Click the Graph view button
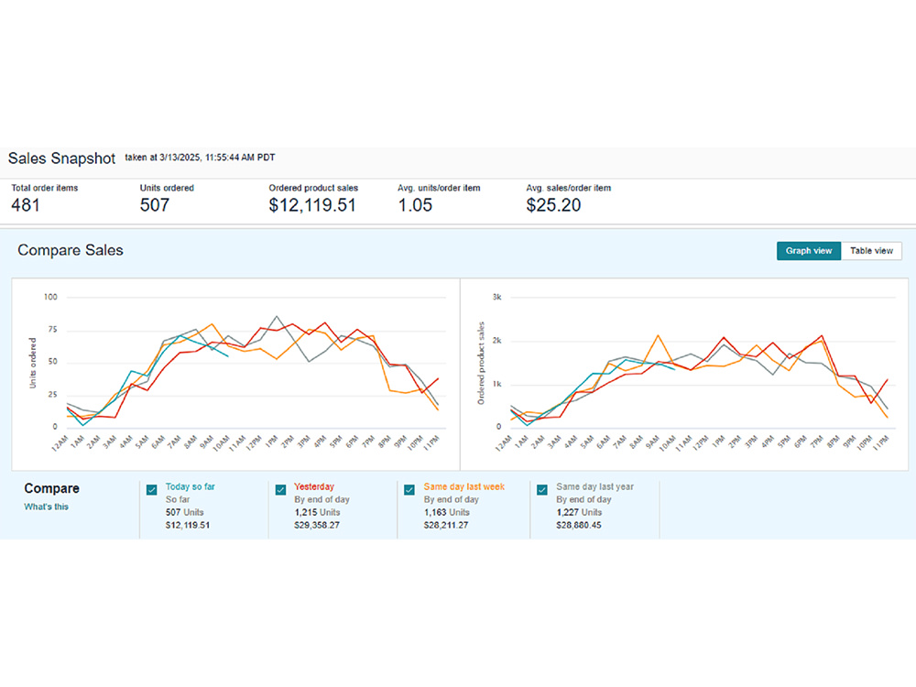pos(809,251)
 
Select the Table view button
pos(871,251)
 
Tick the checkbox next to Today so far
pos(152,489)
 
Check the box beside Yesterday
pos(281,489)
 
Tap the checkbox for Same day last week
pos(409,489)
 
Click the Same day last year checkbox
pos(542,489)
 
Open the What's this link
pos(46,507)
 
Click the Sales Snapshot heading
pos(61,158)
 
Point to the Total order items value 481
pos(26,205)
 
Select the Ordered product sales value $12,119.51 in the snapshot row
pos(312,205)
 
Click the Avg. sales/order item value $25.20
pos(553,205)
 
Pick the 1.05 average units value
pos(415,205)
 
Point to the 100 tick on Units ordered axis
pos(50,297)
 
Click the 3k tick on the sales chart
pos(496,297)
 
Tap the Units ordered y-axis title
pos(33,363)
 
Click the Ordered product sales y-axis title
pos(481,363)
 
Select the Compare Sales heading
pos(71,250)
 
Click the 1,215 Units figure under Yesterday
pos(317,512)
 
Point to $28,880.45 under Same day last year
pos(578,525)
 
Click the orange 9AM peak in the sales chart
pos(659,335)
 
